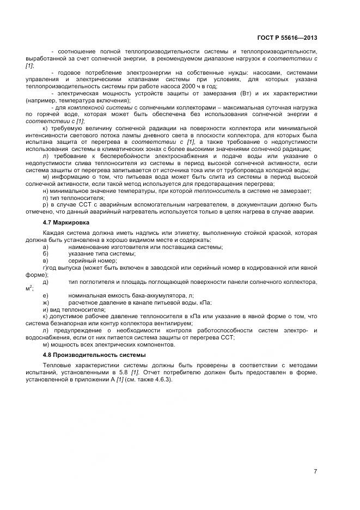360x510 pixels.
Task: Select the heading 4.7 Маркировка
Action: click(66, 223)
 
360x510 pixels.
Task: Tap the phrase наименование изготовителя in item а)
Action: click(103, 247)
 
